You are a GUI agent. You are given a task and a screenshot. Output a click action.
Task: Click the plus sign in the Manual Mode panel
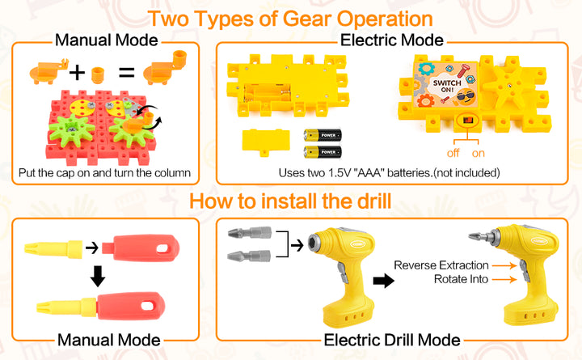click(x=77, y=73)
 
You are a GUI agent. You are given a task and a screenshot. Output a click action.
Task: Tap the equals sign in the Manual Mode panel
click(x=127, y=73)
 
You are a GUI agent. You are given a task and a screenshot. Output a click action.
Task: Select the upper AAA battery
click(x=323, y=135)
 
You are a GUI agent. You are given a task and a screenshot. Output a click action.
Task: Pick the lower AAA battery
click(x=323, y=152)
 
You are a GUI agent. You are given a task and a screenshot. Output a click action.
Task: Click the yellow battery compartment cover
click(x=265, y=142)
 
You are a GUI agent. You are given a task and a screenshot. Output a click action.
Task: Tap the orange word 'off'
click(x=453, y=153)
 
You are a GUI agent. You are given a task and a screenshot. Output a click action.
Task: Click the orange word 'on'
click(x=479, y=154)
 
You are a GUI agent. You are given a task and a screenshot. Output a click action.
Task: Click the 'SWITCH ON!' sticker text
click(x=447, y=86)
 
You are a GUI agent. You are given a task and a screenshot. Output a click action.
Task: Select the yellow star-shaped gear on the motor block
click(x=506, y=89)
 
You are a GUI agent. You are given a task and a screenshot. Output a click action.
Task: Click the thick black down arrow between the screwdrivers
click(x=98, y=276)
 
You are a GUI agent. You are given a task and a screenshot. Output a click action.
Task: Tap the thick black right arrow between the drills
click(x=383, y=281)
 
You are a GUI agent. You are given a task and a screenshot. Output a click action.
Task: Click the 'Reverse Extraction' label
click(x=441, y=265)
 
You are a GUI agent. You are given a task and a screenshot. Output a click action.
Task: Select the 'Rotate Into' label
click(x=461, y=279)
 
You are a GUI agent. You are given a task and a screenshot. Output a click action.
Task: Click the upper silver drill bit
click(x=250, y=233)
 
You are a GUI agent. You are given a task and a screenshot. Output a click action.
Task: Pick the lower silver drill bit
click(x=249, y=256)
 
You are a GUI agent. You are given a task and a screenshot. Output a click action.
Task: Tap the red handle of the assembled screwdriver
click(x=131, y=305)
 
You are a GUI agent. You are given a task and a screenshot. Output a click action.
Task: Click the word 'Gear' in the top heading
click(x=307, y=19)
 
